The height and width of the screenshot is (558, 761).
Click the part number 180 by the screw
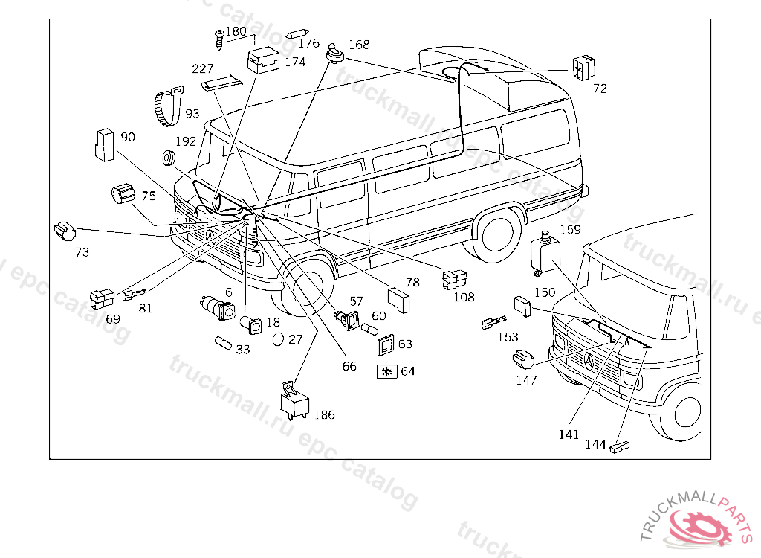coord(236,31)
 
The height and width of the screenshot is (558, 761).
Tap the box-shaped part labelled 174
coord(263,60)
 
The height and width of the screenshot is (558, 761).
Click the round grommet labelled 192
coord(169,158)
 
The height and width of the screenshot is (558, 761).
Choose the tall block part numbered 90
coord(104,144)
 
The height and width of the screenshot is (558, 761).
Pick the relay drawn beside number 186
coord(294,400)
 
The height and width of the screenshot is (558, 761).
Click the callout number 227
coord(202,69)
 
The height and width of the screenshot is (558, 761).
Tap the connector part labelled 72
coord(583,68)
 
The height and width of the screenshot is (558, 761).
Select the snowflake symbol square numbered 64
coord(386,372)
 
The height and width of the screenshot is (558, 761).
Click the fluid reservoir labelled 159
coord(545,254)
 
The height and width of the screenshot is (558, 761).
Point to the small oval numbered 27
coord(278,339)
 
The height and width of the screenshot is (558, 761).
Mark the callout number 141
coord(569,434)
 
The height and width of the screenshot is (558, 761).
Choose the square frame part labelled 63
coord(386,345)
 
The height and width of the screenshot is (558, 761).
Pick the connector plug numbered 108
coord(454,280)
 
